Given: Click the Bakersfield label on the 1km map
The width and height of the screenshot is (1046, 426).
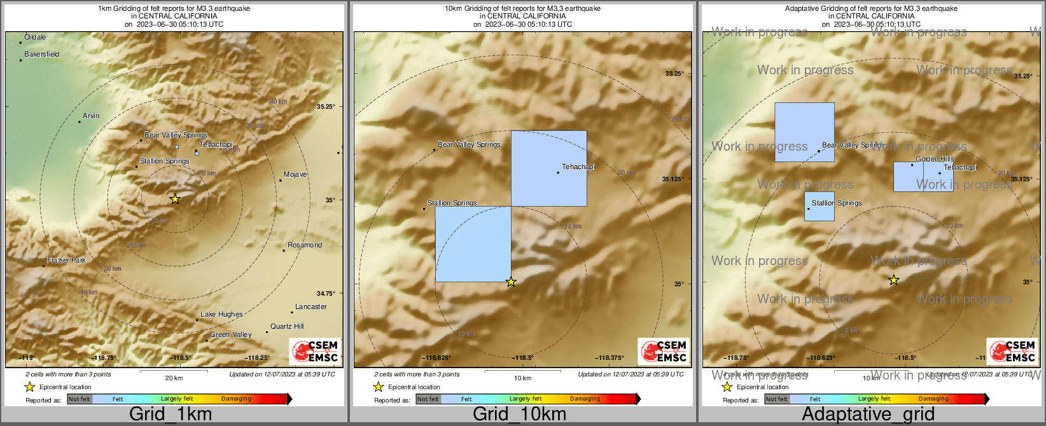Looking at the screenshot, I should [42, 55].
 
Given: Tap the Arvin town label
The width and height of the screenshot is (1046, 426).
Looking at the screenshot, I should [91, 116].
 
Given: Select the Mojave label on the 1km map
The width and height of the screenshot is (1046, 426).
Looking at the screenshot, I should [295, 175].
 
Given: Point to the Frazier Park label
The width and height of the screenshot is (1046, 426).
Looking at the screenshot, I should [66, 261].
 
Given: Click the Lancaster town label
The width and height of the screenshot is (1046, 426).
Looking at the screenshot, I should [311, 307].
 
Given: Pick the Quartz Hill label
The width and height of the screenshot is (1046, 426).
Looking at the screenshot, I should [287, 327].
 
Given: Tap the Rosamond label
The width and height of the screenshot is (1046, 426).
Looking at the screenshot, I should [305, 245].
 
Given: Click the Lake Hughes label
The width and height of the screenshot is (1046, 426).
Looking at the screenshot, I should [221, 315].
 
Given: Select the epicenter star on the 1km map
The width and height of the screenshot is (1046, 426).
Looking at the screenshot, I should [175, 199].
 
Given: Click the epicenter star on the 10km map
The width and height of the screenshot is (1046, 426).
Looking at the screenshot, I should [511, 282].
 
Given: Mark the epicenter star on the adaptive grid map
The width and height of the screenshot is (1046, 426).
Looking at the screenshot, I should [894, 280].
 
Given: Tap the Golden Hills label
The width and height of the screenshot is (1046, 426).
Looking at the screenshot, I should [935, 160].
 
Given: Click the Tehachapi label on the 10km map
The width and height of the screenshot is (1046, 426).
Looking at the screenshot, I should [578, 167].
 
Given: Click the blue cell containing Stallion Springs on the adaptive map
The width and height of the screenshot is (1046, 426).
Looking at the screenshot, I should [819, 207].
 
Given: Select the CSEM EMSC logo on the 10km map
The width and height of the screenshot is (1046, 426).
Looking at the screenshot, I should [664, 351].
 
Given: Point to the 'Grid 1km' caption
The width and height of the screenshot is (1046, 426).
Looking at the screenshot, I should [171, 415].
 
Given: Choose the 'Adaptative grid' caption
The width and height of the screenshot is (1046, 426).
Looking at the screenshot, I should [868, 415].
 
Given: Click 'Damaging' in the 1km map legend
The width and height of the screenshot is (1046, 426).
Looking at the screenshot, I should [236, 399].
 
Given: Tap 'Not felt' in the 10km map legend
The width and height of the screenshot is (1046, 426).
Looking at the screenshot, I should [428, 399].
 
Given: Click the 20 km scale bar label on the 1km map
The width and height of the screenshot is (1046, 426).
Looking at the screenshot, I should [174, 378].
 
